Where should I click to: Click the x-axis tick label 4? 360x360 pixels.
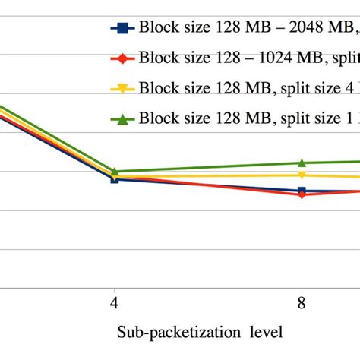(x=114, y=302)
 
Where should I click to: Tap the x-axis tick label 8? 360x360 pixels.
(x=302, y=302)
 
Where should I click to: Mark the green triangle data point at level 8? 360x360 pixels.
(x=302, y=163)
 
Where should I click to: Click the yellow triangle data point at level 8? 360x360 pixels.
(x=302, y=175)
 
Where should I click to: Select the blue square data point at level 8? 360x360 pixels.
(x=302, y=191)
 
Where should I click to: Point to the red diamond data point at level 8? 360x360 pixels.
(x=302, y=195)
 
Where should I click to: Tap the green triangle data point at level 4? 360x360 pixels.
(x=114, y=172)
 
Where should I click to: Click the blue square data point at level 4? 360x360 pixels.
(x=114, y=179)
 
